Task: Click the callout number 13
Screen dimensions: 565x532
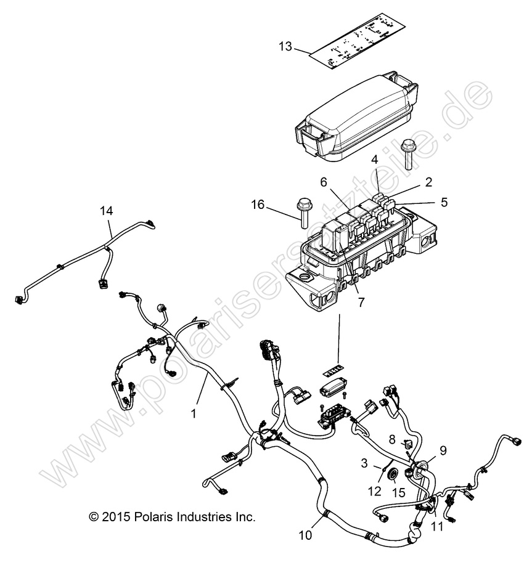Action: tap(285, 47)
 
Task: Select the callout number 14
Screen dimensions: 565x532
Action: tap(107, 211)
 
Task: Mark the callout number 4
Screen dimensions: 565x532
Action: tap(375, 160)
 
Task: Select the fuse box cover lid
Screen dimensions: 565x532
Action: tap(356, 118)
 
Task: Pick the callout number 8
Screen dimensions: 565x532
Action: tap(392, 439)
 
